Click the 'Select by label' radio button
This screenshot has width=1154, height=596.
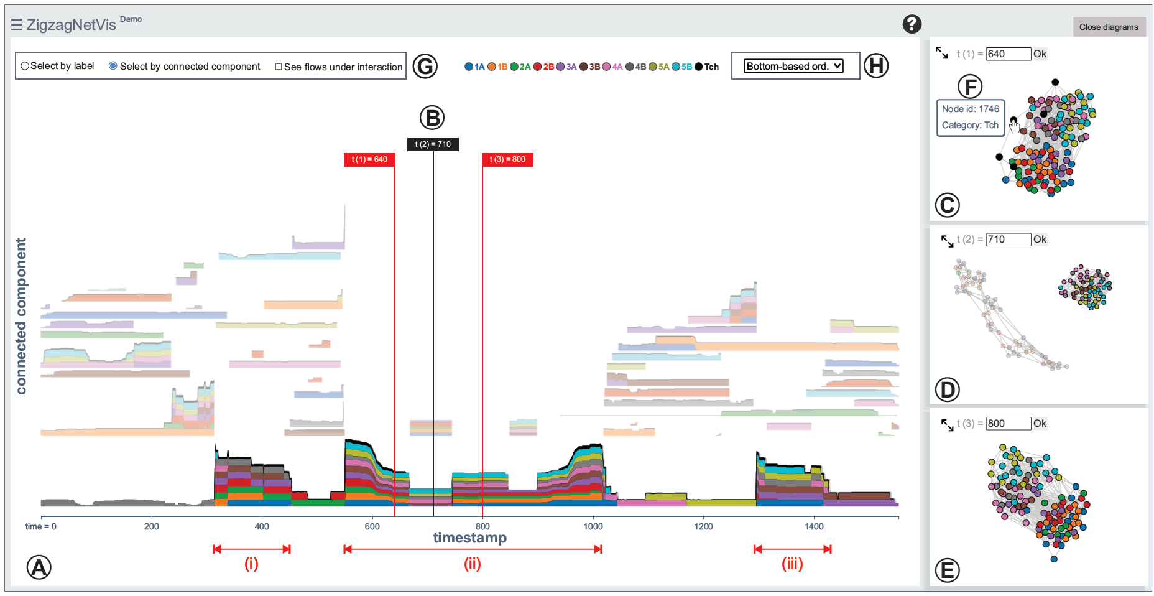25,66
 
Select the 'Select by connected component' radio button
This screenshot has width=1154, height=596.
113,66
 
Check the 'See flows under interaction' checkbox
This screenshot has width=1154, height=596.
279,67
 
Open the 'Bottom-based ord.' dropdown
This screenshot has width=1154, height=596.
794,66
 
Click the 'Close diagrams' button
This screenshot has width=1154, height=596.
1108,27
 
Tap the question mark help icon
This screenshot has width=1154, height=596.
912,24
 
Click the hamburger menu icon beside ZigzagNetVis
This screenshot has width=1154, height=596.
17,24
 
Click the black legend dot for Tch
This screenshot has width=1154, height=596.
699,67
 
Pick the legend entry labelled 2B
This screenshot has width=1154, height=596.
543,67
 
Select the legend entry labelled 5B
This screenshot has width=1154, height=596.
681,67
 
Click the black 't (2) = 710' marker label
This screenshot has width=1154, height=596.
433,144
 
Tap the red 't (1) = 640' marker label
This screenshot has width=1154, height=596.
369,159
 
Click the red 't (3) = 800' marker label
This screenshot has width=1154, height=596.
507,159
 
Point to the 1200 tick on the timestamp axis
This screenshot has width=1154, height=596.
703,526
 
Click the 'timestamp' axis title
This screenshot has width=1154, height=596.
469,538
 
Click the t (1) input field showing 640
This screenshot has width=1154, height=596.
1008,54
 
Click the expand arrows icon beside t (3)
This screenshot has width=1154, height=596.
947,425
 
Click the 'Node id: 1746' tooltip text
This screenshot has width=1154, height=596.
970,109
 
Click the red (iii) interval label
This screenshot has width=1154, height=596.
792,564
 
